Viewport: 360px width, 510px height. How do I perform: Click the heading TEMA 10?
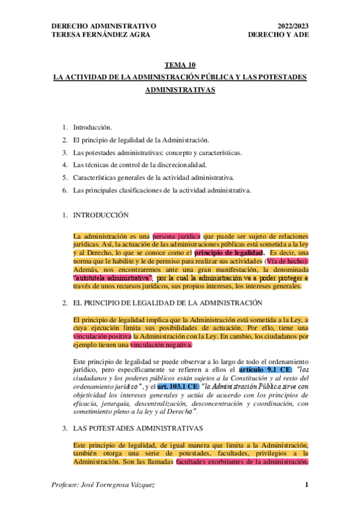tap(180, 66)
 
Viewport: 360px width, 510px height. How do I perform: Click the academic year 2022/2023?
tap(293, 26)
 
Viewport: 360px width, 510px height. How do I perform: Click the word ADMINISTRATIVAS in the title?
tap(180, 90)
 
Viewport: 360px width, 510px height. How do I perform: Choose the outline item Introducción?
tap(92, 127)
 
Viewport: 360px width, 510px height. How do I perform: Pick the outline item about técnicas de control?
tap(139, 164)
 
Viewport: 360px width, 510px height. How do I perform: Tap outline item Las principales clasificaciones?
tap(161, 190)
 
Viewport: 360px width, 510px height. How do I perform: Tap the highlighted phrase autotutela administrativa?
tap(112, 278)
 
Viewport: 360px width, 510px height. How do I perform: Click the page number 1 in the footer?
tap(307, 485)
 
